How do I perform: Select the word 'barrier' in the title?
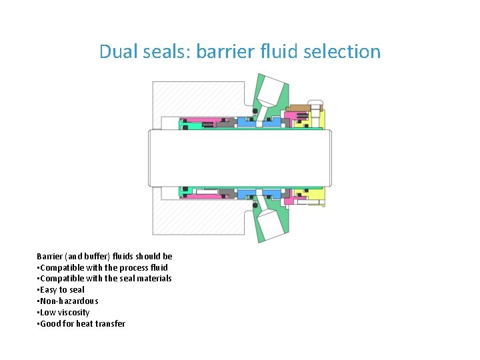[x=225, y=51]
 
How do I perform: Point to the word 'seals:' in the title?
[x=167, y=51]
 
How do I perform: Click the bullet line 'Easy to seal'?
[x=62, y=290]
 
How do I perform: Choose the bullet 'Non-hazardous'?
[x=69, y=301]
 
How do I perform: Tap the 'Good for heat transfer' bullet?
[x=82, y=324]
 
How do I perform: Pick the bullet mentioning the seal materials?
[x=105, y=279]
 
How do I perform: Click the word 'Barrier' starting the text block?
[x=49, y=256]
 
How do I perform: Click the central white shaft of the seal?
[x=240, y=157]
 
